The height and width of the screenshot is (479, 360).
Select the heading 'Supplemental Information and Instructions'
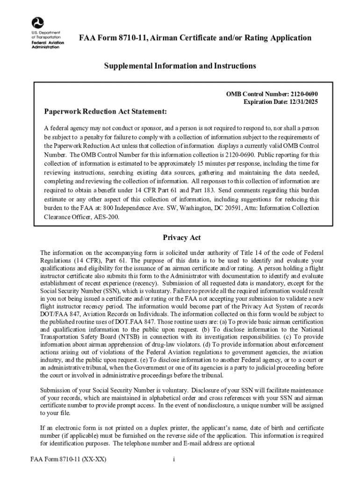180,66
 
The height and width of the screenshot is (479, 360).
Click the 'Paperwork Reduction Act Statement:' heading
106,112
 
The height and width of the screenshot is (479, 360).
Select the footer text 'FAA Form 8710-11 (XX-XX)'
65,459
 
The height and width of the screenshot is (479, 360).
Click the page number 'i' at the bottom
173,459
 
